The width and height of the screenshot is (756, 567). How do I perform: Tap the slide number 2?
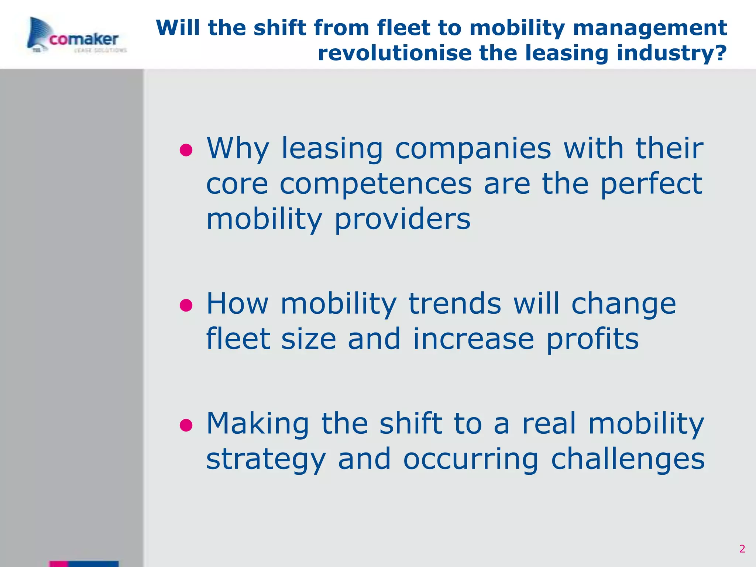742,549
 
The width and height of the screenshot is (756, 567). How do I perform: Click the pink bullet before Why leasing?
186,150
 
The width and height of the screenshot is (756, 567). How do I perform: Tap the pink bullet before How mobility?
186,306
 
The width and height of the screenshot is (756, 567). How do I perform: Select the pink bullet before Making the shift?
186,425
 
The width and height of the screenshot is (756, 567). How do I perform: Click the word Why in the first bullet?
238,149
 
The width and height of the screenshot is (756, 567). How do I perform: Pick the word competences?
376,184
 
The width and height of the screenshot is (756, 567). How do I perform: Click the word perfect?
651,184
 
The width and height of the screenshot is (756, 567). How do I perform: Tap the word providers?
402,219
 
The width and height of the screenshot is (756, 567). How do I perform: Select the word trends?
455,303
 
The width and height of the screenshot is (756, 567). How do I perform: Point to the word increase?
473,339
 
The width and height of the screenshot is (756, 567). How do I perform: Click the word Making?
258,423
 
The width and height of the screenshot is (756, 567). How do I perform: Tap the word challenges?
628,458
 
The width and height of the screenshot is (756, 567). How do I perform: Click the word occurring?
471,459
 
